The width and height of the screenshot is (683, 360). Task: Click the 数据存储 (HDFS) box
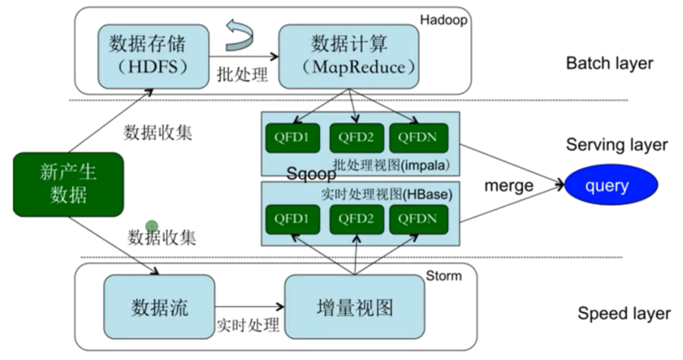[153, 55]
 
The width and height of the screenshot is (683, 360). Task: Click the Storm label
[443, 276]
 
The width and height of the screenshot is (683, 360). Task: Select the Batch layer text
[609, 63]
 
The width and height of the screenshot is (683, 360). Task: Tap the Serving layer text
[617, 145]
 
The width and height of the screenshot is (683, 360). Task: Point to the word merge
[508, 185]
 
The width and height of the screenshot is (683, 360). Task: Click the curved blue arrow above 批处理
[241, 33]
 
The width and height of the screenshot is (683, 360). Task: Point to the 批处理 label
[242, 74]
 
